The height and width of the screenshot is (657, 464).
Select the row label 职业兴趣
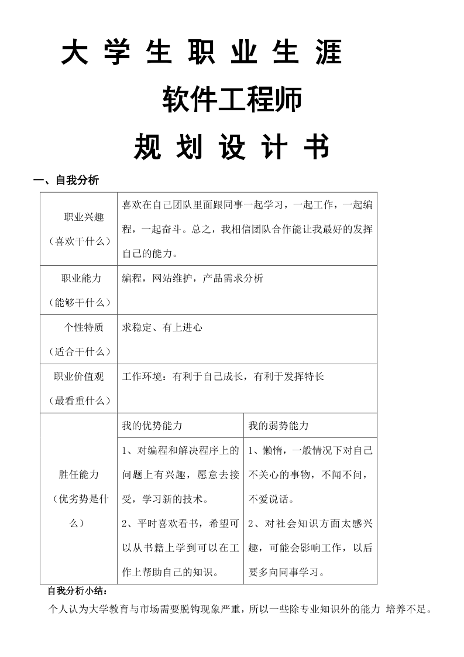(x=84, y=217)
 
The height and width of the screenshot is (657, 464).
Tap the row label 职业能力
(x=81, y=278)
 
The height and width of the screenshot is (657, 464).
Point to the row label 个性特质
(x=84, y=327)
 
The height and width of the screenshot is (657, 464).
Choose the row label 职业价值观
(x=79, y=377)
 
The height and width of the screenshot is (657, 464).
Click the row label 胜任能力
(x=79, y=474)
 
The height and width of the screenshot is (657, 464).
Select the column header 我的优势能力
(x=152, y=426)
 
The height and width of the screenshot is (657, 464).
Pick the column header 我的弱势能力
(x=279, y=426)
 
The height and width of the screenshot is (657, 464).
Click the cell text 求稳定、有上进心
(x=162, y=327)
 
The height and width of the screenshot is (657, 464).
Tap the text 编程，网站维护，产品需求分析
(x=193, y=278)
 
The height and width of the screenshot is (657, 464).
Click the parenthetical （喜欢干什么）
(x=79, y=241)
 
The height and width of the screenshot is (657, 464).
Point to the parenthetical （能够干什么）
(x=79, y=302)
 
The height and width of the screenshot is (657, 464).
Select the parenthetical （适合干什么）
(x=79, y=351)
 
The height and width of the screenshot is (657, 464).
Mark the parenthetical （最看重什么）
(x=79, y=401)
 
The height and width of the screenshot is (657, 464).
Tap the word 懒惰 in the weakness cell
(x=269, y=450)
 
